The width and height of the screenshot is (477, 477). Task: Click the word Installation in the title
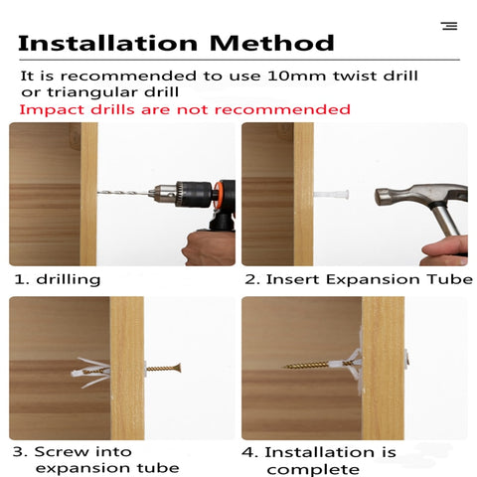pos(108,43)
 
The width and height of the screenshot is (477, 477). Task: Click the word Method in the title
pos(272,43)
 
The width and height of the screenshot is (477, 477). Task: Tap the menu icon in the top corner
pos(449,26)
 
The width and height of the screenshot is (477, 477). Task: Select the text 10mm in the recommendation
pos(296,76)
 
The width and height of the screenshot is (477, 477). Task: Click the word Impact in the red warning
pos(52,110)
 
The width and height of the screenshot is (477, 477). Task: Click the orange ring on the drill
pos(217,195)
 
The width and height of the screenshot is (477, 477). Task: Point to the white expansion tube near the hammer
pos(331,195)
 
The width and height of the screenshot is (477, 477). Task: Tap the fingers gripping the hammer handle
pos(445,251)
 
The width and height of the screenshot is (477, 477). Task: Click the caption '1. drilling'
pos(58,279)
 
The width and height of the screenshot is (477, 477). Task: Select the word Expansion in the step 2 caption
pos(374,280)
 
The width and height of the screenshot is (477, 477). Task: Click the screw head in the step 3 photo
pos(179,368)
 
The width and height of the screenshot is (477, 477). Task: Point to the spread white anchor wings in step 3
pos(90,373)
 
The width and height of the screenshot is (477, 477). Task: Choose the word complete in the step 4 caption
pos(313,470)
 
